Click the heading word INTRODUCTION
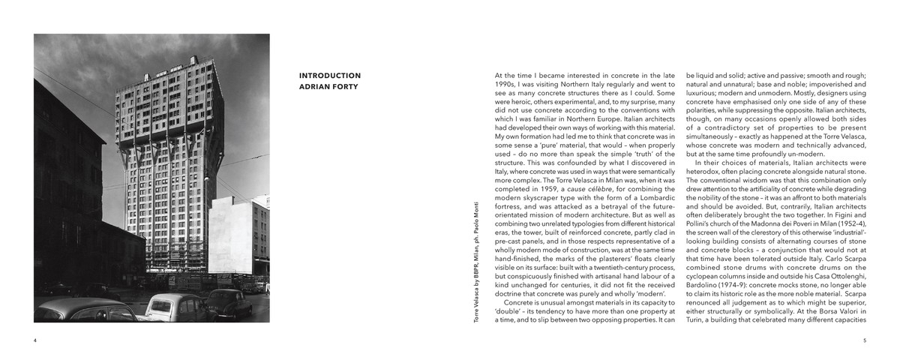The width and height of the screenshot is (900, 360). pyautogui.click(x=330, y=76)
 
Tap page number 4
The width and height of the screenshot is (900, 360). pyautogui.click(x=35, y=340)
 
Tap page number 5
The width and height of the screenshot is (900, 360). pyautogui.click(x=865, y=340)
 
